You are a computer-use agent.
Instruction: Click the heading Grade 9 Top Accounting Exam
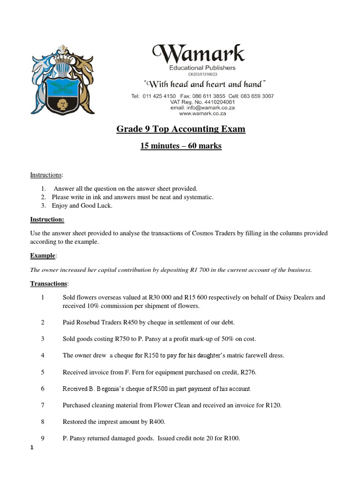click(180, 129)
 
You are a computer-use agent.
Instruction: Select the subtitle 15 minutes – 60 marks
click(180, 146)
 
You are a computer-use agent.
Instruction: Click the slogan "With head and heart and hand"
click(205, 84)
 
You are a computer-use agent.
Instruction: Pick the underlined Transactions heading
click(49, 284)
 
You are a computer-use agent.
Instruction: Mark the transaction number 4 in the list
click(43, 355)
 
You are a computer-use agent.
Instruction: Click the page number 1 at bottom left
click(31, 448)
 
